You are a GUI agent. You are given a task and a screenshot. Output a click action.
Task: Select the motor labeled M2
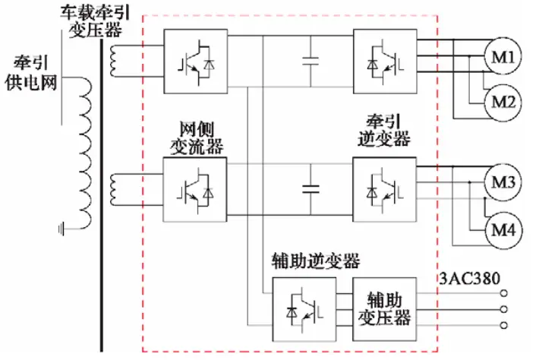500,102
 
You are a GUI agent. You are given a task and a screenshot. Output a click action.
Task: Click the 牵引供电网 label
30,71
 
